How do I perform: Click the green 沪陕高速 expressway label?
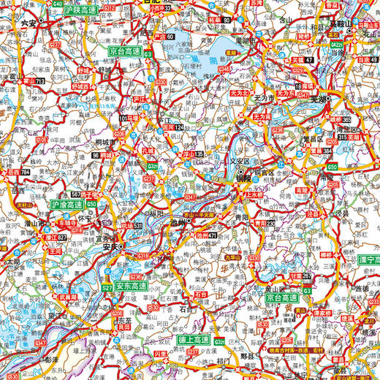80,12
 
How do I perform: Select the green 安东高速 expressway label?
132,286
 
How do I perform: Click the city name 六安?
28,23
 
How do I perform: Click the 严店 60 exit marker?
163,37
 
